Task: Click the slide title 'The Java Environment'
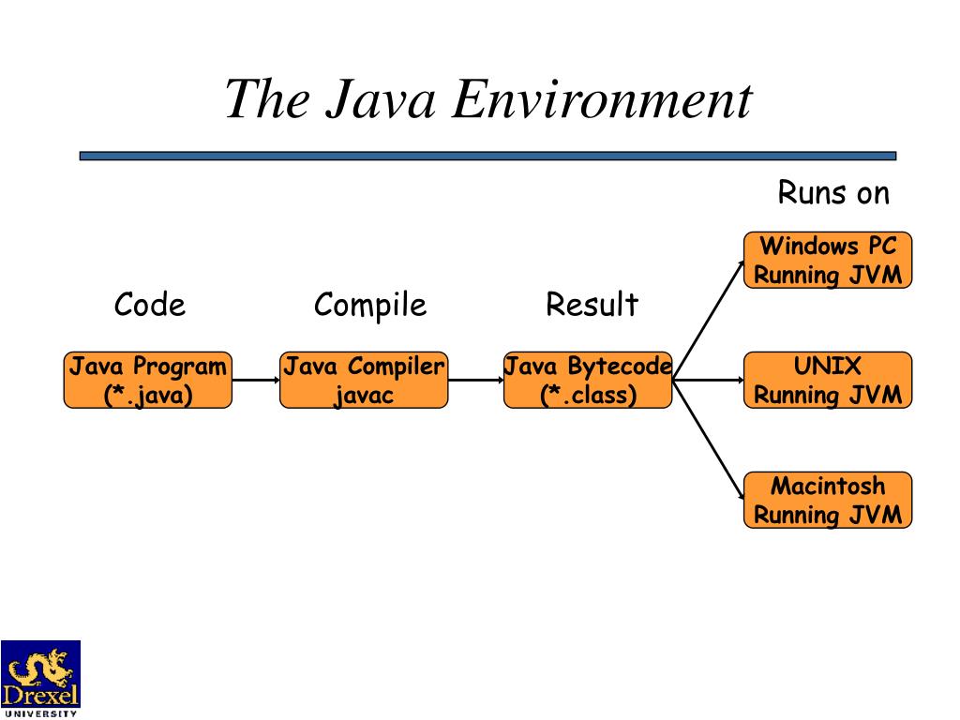487,99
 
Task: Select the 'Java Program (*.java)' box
148,380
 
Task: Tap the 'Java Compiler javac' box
364,380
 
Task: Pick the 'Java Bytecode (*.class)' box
588,380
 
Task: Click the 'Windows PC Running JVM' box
828,260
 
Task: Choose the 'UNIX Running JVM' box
828,380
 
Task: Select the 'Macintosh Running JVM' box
828,500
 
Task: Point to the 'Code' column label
150,305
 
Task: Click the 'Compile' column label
370,305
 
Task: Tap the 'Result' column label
592,305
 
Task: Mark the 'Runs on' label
833,193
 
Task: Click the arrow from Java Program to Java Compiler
256,381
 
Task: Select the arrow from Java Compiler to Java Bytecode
476,381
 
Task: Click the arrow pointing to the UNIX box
709,381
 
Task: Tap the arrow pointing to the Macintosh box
709,441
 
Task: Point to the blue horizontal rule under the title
487,156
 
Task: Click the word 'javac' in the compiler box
364,395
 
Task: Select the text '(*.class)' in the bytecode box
588,395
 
